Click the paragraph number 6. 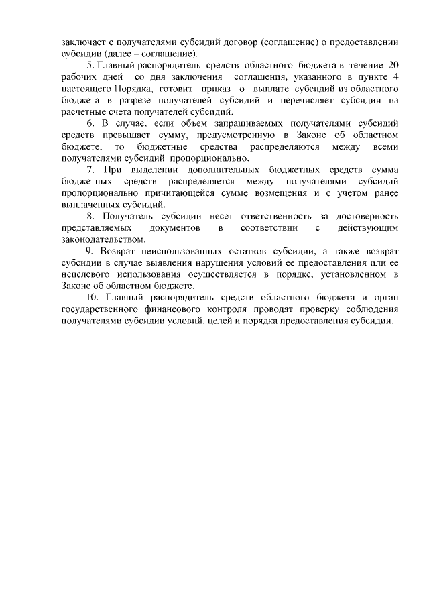(90, 124)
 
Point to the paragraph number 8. (90, 217)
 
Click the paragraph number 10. (93, 299)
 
